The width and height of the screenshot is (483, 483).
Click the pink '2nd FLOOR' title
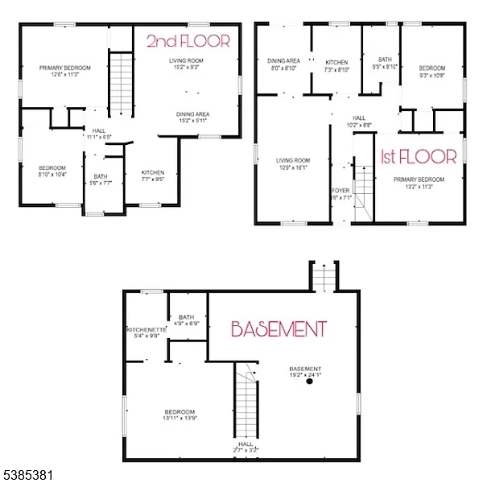(x=188, y=41)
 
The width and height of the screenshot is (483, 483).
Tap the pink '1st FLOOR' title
(x=418, y=157)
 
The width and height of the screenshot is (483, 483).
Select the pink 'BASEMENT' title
(x=279, y=328)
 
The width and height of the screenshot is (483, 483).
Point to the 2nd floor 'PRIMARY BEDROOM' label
(x=65, y=68)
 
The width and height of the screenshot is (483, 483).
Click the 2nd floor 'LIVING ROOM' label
(x=186, y=61)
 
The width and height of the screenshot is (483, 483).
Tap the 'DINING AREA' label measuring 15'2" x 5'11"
(x=193, y=114)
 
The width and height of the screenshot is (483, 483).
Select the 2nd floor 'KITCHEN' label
(x=153, y=173)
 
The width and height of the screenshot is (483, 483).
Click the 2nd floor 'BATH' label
(x=101, y=176)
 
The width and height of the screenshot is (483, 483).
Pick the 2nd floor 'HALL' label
(x=99, y=130)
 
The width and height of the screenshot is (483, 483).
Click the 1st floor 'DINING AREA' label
(x=283, y=61)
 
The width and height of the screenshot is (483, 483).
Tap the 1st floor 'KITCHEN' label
(x=336, y=62)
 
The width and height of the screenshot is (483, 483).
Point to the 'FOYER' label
(x=341, y=191)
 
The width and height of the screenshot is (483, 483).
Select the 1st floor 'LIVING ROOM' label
(x=293, y=160)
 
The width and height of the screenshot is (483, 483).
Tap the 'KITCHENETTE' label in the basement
(x=146, y=330)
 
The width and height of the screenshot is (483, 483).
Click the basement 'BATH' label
(x=188, y=317)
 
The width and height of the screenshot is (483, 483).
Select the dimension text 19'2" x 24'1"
(x=307, y=374)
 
